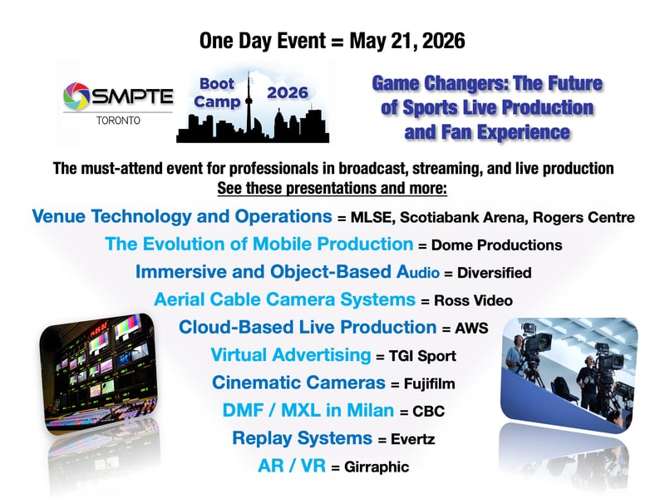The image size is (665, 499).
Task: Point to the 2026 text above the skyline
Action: point(288,92)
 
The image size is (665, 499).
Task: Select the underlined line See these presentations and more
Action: point(332,188)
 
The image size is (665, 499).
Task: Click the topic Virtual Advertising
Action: point(290,355)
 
